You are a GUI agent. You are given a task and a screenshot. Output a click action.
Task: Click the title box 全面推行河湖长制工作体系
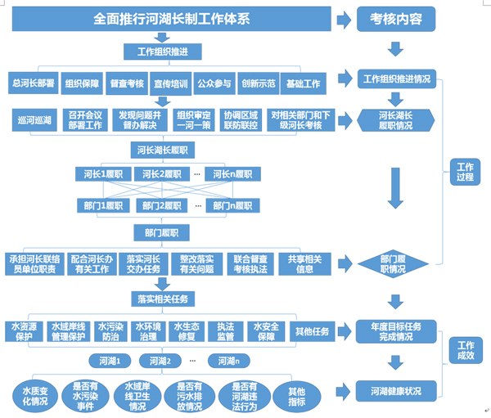tap(172, 19)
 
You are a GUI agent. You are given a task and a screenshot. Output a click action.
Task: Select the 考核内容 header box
tap(396, 19)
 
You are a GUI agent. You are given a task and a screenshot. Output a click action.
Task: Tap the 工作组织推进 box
tap(163, 52)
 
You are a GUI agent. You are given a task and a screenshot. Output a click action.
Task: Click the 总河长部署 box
tap(34, 83)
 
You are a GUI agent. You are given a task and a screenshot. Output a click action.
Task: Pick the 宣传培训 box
tap(171, 83)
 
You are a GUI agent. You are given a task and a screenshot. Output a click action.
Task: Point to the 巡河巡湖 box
tap(34, 120)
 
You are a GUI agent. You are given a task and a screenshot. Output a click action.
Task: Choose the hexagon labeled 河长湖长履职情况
tap(396, 120)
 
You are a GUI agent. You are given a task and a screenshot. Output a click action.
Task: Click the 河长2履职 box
tap(162, 174)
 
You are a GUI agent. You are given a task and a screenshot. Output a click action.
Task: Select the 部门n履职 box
tap(232, 205)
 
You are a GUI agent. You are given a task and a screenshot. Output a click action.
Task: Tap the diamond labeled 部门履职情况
tap(393, 264)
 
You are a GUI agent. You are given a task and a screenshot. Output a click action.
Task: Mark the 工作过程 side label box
tap(465, 172)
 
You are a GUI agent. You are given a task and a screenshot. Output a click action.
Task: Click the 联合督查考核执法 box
tap(250, 264)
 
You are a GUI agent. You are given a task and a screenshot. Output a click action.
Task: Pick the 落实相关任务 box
tap(163, 299)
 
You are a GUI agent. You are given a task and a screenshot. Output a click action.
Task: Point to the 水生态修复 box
tap(187, 331)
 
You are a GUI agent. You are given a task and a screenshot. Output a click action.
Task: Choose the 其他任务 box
tap(313, 331)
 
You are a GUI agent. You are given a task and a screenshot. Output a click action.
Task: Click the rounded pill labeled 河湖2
tap(160, 361)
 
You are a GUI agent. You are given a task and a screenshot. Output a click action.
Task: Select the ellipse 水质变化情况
tap(35, 396)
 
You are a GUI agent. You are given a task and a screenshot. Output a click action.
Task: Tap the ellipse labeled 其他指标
tap(297, 397)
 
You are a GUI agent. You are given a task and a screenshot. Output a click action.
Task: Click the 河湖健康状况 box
tap(396, 391)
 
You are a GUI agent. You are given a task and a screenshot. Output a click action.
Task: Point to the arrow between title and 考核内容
tap(345, 20)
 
